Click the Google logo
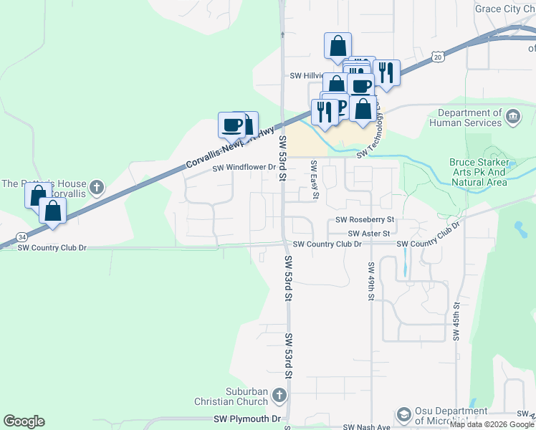click(x=24, y=421)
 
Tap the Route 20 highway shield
click(x=439, y=56)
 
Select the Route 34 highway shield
click(x=23, y=236)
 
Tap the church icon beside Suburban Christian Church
click(x=279, y=395)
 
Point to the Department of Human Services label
click(x=469, y=118)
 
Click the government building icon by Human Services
click(x=513, y=116)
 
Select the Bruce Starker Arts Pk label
click(x=478, y=172)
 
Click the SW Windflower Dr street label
click(x=244, y=168)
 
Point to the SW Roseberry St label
click(x=365, y=220)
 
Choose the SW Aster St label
click(x=369, y=234)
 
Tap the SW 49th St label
click(x=371, y=280)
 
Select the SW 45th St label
click(x=456, y=322)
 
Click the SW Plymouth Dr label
click(x=248, y=419)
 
